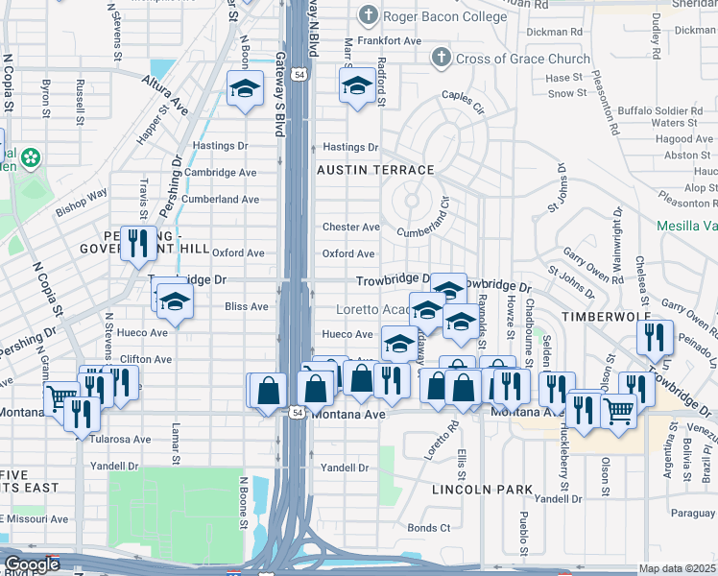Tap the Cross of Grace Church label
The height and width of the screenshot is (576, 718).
(x=522, y=59)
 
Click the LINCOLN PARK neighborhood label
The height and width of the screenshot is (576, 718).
(x=482, y=490)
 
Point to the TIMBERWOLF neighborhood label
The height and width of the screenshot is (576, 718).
(x=606, y=316)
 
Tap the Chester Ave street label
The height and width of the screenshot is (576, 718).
(x=350, y=228)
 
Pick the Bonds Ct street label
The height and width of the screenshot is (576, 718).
(x=428, y=528)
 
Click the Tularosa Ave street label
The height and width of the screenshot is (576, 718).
(x=122, y=440)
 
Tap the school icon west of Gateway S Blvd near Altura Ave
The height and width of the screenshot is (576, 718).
(x=245, y=89)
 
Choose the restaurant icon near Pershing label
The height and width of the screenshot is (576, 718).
(x=138, y=243)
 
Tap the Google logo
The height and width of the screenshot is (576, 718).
(x=32, y=565)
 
